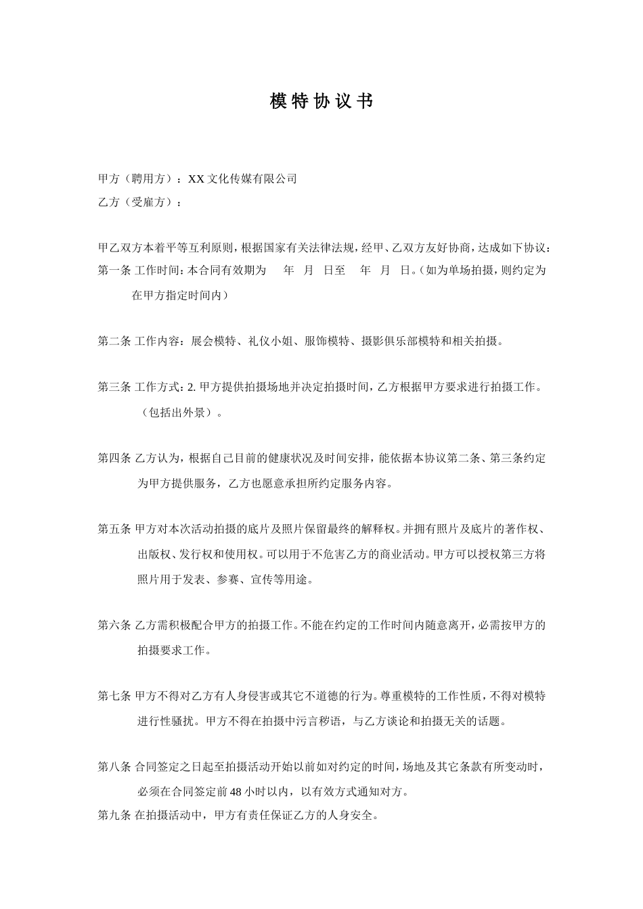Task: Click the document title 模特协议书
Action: pos(321,101)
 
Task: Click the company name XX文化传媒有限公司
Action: pos(242,179)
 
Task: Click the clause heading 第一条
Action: pos(114,271)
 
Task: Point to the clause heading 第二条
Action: pos(114,342)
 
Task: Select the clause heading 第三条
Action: pos(114,388)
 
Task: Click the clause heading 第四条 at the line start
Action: pos(114,459)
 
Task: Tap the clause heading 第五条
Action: pos(114,530)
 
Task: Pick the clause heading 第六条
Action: pos(114,626)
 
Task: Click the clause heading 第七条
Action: pos(114,696)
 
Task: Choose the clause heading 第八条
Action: pos(114,767)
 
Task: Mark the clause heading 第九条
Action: pos(114,816)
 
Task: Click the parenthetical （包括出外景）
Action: pos(177,413)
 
